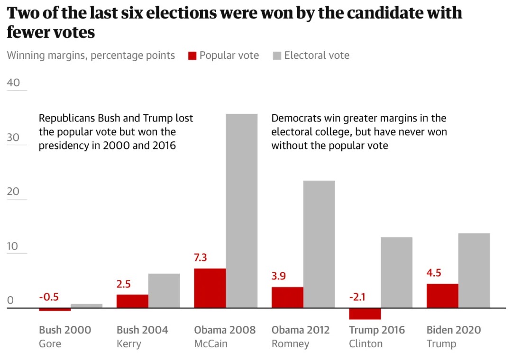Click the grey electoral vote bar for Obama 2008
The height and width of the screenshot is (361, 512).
pyautogui.click(x=241, y=211)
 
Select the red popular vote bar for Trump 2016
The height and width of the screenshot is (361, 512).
pyautogui.click(x=365, y=314)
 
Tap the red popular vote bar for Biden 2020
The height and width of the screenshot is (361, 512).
pyautogui.click(x=442, y=296)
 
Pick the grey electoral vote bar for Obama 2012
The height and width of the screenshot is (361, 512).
pyautogui.click(x=319, y=244)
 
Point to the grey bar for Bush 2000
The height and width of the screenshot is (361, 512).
pyautogui.click(x=87, y=306)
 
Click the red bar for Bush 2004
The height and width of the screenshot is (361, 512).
pyautogui.click(x=132, y=301)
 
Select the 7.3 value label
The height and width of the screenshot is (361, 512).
pyautogui.click(x=201, y=258)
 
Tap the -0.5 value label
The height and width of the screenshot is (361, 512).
pyautogui.click(x=49, y=297)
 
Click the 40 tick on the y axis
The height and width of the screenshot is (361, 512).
pyautogui.click(x=14, y=83)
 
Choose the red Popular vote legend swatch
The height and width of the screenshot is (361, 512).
pyautogui.click(x=192, y=56)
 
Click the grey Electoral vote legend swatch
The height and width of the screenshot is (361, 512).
pyautogui.click(x=277, y=56)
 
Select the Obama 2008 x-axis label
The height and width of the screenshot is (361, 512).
pyautogui.click(x=225, y=330)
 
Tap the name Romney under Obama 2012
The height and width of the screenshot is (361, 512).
pyautogui.click(x=290, y=343)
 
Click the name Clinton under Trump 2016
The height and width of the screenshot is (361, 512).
pyautogui.click(x=366, y=343)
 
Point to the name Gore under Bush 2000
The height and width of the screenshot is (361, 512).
pyautogui.click(x=50, y=343)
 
